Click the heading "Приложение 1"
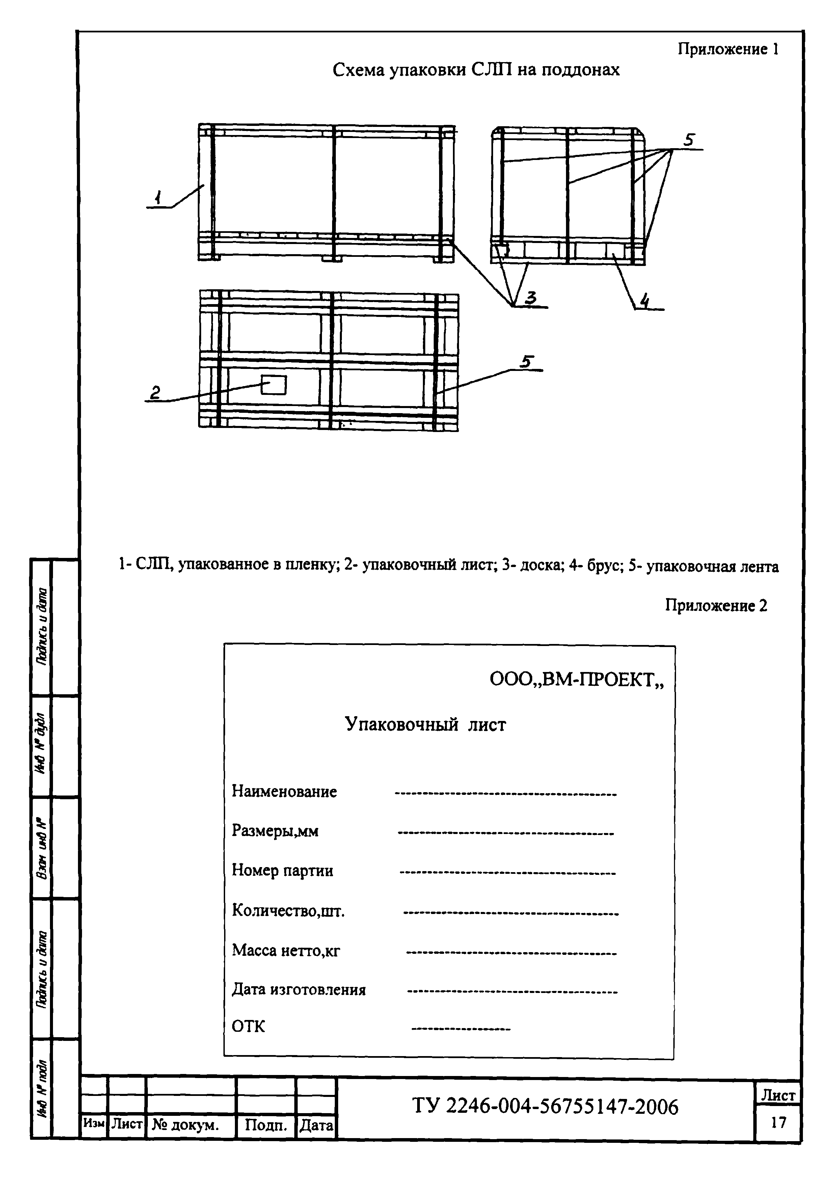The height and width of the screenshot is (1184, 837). tap(728, 50)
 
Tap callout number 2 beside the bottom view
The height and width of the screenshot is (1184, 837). tap(155, 393)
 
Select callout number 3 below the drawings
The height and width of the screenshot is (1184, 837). tap(531, 298)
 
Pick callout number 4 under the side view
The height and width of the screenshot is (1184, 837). tap(644, 300)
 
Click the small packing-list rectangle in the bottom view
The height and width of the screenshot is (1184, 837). tap(273, 385)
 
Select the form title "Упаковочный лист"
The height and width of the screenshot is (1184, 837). tap(425, 725)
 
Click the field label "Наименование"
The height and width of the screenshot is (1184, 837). tap(284, 791)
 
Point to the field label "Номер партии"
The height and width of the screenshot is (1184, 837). tap(282, 870)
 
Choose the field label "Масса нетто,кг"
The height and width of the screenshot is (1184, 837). tap(286, 950)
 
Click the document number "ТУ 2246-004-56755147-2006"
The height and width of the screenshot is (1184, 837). tap(545, 1107)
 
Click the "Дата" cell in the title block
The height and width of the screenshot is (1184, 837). tap(316, 1125)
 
